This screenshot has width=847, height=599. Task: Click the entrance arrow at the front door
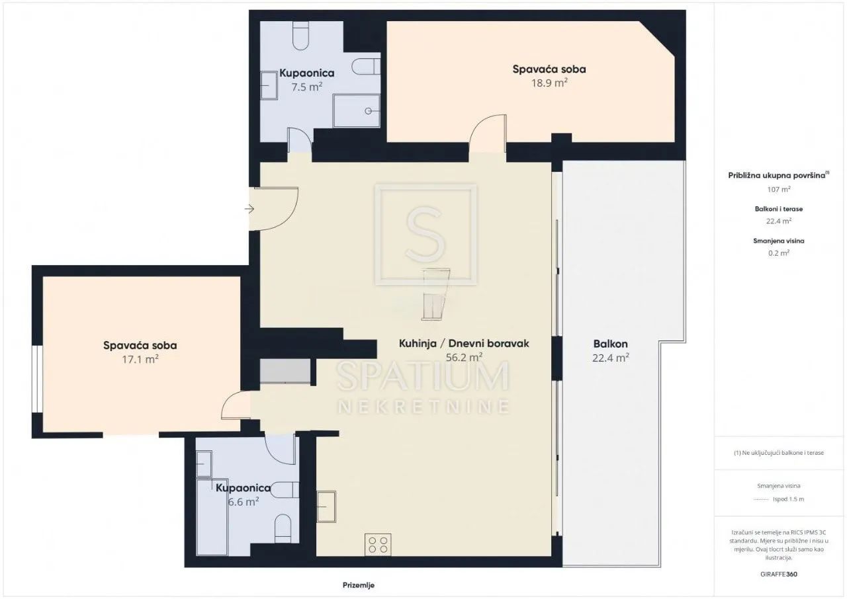pos(249,208)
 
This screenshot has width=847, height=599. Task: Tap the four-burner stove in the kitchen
pos(378,545)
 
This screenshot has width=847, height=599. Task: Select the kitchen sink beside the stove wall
pos(326,507)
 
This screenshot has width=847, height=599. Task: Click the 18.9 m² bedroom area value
pos(549,83)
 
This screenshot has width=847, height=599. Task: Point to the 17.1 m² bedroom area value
pos(140,359)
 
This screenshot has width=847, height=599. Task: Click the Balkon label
pos(610,344)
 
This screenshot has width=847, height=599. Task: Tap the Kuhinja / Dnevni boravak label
pos(464,343)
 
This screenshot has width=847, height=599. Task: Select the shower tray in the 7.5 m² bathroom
pos(356,110)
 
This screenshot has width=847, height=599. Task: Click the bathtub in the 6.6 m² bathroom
pos(212,517)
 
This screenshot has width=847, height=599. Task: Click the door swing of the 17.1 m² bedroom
pos(235,405)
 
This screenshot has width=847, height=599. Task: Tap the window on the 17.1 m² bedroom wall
pos(37,379)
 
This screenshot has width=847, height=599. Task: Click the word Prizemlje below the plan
pos(359,585)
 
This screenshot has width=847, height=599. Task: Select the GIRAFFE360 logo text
pos(779,574)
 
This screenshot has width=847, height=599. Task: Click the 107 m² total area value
pos(779,189)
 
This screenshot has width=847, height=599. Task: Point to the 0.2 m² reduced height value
pos(779,253)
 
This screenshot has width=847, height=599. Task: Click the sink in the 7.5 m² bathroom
pos(269,85)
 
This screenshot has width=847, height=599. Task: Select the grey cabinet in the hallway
pos(285,372)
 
